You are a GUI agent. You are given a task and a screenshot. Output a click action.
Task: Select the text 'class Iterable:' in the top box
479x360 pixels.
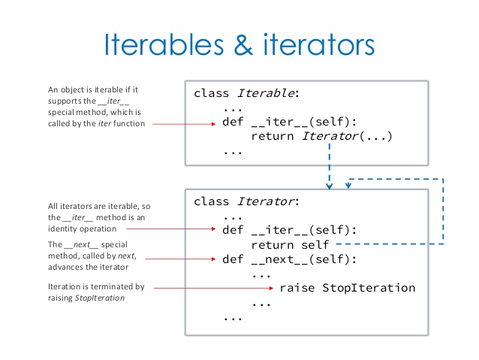point(246,94)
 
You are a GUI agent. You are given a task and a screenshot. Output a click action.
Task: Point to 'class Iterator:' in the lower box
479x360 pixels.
point(246,201)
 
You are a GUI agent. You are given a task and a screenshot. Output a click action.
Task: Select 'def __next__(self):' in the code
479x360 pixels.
point(289,259)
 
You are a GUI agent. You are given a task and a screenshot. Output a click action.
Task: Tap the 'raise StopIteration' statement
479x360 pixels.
point(347,288)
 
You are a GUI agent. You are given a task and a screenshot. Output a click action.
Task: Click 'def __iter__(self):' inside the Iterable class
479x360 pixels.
point(289,123)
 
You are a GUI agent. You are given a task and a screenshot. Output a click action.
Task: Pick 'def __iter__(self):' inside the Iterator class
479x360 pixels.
point(289,230)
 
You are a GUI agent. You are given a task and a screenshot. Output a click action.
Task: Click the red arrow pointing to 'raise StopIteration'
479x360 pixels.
point(214,288)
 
